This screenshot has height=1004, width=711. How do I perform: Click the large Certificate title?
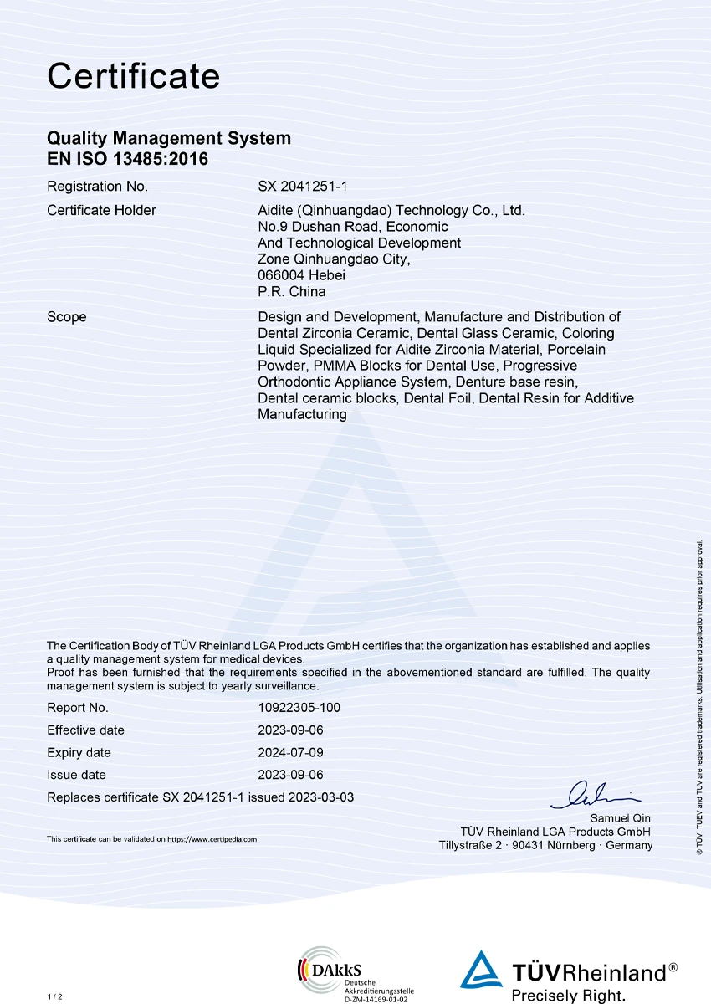[134, 76]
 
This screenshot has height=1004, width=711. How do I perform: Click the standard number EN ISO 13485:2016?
[127, 158]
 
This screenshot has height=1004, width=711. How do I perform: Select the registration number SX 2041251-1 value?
[301, 187]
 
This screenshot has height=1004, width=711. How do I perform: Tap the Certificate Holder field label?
[101, 210]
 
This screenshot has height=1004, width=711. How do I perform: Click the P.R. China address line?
[291, 292]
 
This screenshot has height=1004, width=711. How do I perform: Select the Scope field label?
[67, 317]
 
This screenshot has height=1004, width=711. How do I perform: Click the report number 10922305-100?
[299, 707]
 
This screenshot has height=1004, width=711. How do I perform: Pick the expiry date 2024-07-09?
[290, 753]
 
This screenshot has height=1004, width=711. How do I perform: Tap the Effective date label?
[85, 730]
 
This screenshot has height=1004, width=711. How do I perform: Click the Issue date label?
[76, 775]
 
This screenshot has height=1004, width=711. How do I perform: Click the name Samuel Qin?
[620, 818]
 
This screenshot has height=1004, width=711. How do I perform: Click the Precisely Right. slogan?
[568, 995]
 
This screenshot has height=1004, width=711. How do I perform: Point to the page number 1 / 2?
[54, 996]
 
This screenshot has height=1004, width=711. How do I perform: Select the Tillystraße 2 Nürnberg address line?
[545, 845]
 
